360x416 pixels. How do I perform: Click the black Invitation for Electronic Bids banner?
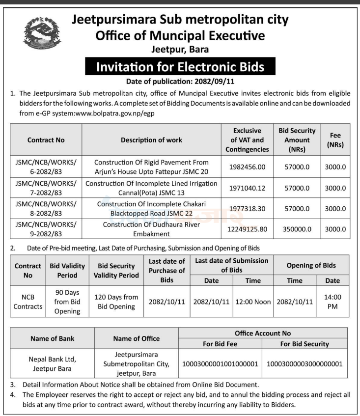180,66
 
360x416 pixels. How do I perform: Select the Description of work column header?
151,140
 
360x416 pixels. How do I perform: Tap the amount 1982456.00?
247,167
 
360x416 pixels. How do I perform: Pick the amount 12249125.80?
247,229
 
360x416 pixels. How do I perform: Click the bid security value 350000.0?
297,229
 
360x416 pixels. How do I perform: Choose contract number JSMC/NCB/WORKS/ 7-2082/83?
46,188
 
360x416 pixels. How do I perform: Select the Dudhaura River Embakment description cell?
151,229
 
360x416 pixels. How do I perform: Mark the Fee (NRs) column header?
336,140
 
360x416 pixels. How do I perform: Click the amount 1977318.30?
247,208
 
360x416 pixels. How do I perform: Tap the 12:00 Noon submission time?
253,302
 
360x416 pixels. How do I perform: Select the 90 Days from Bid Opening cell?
67,302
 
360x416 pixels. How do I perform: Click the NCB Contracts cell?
28,302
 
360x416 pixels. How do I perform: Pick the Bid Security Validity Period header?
116,271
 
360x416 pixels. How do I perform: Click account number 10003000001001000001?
220,364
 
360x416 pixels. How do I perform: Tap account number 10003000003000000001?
305,364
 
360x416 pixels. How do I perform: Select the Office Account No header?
262,333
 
